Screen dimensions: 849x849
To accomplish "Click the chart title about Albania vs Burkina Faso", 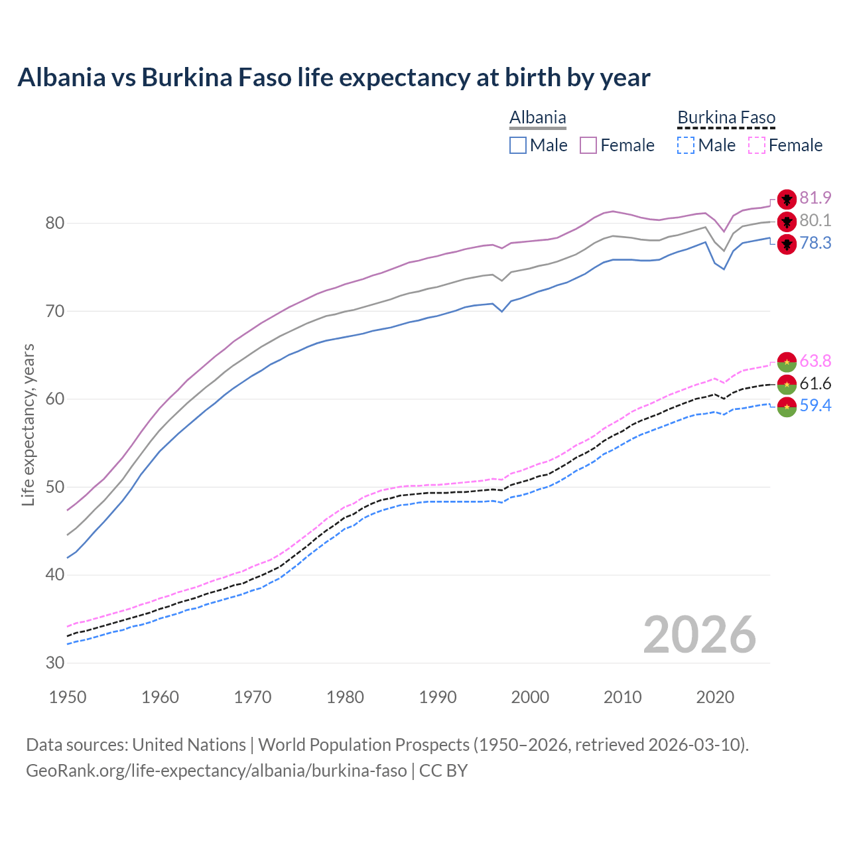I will coord(334,78).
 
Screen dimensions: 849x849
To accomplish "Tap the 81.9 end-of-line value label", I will coord(815,198).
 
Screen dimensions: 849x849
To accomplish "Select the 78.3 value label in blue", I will coord(815,243).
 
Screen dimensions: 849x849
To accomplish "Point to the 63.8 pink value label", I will coord(815,361).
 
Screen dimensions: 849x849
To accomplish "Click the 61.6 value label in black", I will coord(815,384).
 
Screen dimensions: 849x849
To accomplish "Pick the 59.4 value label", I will coord(815,406).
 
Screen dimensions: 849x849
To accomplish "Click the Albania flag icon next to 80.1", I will coord(787,222).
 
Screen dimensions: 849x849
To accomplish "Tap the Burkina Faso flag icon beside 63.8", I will coord(787,361).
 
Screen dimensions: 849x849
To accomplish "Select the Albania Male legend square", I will coord(518,145).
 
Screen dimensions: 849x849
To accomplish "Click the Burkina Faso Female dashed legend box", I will coord(757,145).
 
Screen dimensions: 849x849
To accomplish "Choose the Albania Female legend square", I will coord(588,145).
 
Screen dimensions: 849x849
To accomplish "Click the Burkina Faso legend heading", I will coord(726,118).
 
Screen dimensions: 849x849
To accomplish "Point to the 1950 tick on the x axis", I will coord(68,697).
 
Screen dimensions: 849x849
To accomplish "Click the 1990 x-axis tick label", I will coord(438,697).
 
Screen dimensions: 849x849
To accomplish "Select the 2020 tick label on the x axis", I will coord(715,697).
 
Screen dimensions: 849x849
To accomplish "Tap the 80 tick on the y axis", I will coord(54,224).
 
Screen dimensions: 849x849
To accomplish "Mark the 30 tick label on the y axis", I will coord(54,663).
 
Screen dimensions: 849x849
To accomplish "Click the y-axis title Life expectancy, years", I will coord(28,424).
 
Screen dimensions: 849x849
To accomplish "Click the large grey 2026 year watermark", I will coord(700,635).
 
